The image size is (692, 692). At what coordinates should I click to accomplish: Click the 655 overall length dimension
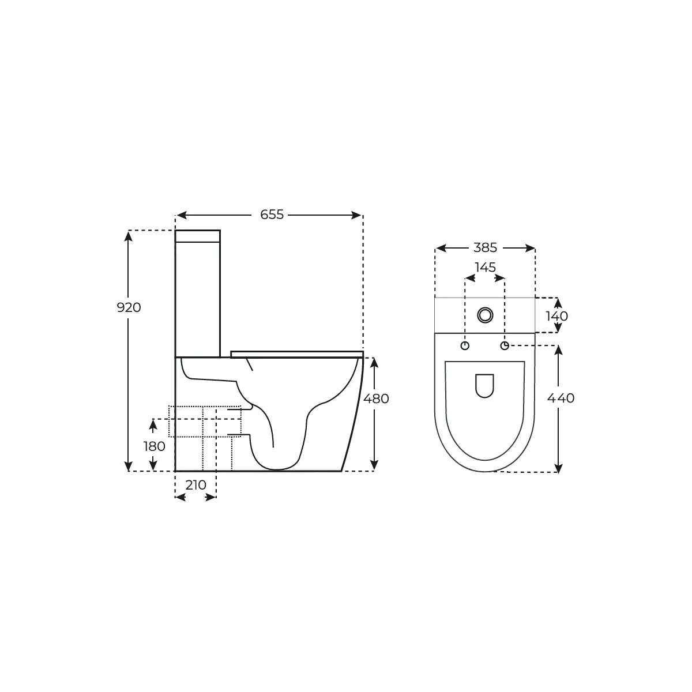coord(272,215)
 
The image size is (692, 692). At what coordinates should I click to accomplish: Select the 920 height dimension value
coord(129,308)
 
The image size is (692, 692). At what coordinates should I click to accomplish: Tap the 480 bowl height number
coord(376,398)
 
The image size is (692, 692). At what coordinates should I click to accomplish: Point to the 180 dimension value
coord(154,446)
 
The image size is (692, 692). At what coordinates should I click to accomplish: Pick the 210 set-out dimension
coord(195,485)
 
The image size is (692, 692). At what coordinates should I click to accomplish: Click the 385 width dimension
coord(485,248)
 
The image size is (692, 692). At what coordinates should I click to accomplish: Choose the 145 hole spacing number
coord(485,267)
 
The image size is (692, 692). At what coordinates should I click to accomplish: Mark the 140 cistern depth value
coord(556,316)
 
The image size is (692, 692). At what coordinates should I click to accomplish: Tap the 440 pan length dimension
coord(561,398)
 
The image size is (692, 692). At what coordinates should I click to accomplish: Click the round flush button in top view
coord(485,315)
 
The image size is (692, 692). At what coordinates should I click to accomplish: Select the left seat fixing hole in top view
coord(465,345)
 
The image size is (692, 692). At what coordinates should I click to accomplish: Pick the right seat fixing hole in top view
coord(505,345)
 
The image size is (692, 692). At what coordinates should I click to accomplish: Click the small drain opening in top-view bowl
coord(485,386)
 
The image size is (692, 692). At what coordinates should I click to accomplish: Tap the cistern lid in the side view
coord(197,236)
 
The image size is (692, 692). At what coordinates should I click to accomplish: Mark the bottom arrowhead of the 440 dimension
coord(558,468)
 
